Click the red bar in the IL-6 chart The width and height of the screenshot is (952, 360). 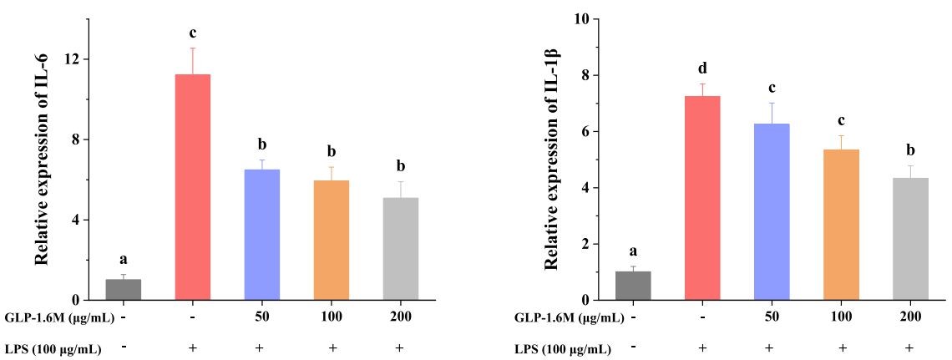click(x=192, y=187)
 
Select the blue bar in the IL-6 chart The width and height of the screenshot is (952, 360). click(x=261, y=235)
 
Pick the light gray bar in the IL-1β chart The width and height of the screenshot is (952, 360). click(x=910, y=239)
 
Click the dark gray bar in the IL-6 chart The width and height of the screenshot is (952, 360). click(x=123, y=289)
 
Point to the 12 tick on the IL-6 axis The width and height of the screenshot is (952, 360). click(x=74, y=59)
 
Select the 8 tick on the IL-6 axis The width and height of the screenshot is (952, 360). click(x=78, y=139)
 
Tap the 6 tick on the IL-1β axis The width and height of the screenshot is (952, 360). click(x=585, y=132)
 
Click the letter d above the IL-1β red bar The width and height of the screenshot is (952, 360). click(x=702, y=68)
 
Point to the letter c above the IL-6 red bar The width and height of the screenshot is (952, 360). click(x=192, y=33)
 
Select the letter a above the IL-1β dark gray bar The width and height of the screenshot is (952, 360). click(x=632, y=251)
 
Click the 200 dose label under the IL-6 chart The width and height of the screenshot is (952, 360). click(x=400, y=317)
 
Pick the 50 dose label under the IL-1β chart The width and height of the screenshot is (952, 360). click(x=771, y=317)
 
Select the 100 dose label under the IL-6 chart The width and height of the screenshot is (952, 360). click(x=331, y=317)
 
